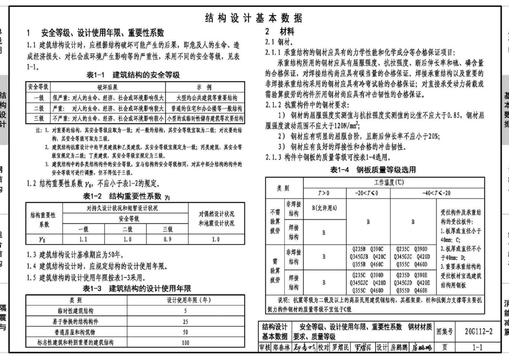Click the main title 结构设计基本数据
coord(254,19)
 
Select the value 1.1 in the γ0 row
coord(84,238)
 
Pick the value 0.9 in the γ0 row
coord(167,238)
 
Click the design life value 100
coord(185,343)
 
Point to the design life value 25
coord(185,321)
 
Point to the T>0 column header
coord(324,192)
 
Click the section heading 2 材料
coord(280,31)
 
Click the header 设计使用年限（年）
coord(185,300)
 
